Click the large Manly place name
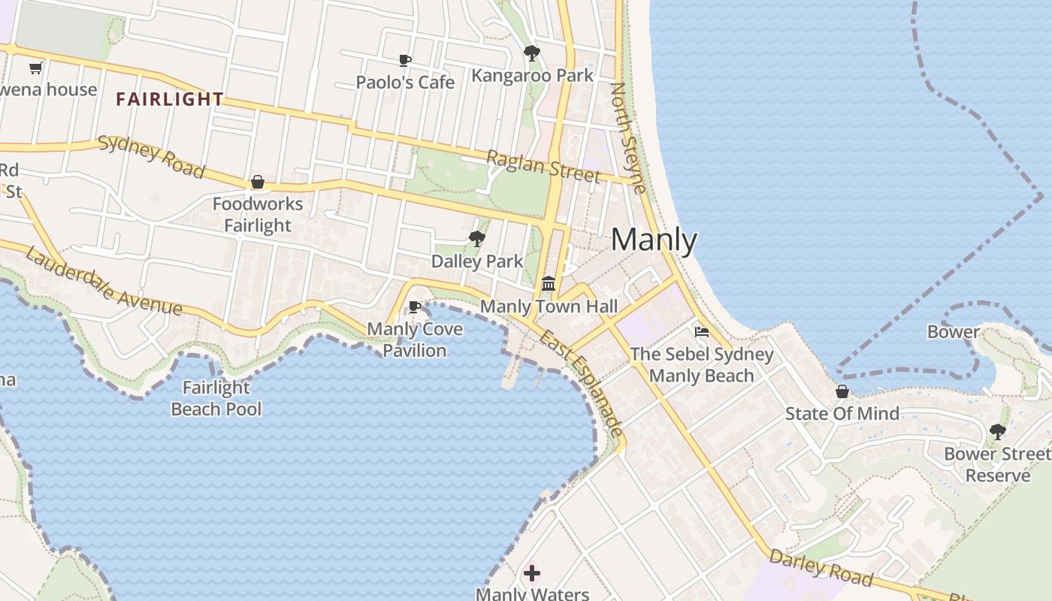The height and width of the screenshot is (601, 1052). coord(654,240)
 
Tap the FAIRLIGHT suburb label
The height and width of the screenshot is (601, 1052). coord(170,99)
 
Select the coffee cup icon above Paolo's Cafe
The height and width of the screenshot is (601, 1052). coord(405,60)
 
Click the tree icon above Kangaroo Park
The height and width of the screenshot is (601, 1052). coord(532,53)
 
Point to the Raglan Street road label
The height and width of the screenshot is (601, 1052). coord(543,167)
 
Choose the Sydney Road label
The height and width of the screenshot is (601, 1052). coord(151,156)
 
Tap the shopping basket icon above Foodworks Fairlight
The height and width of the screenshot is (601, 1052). coord(258,183)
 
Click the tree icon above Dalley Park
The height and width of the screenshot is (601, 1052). coord(476,240)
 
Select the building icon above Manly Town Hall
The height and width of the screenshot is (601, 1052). coord(549,284)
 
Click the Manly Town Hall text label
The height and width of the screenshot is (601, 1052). coord(549,307)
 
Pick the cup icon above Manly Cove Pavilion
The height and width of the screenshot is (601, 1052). coord(414,307)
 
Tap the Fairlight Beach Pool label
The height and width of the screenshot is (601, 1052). coord(216,398)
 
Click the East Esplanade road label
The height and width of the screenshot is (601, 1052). coord(581,382)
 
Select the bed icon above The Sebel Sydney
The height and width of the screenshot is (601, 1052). coord(702,331)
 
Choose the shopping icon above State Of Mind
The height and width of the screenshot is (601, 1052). coord(842,391)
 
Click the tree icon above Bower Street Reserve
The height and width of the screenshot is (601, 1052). coord(997,432)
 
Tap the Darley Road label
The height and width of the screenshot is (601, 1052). coord(821,567)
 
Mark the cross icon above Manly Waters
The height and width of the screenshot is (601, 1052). coord(532,574)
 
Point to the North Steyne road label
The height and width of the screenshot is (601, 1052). coord(628,137)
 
